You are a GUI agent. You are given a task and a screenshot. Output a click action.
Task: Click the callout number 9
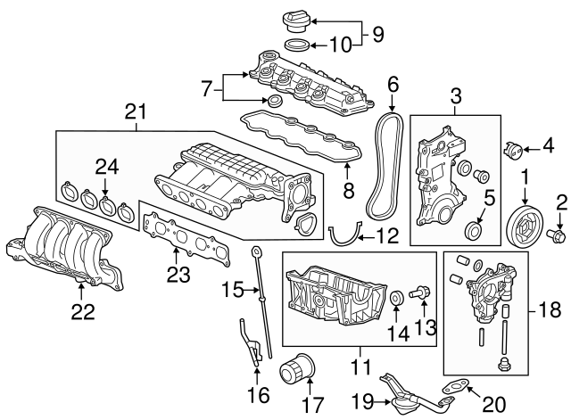(x=377, y=36)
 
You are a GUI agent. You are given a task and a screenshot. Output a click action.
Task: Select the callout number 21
(x=134, y=111)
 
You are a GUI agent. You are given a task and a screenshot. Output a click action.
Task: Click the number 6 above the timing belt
(x=392, y=86)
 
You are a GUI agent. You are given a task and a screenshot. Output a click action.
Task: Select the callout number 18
(x=552, y=312)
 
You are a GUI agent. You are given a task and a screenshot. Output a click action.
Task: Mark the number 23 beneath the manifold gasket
(x=177, y=272)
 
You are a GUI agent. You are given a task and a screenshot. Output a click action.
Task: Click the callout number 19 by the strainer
(x=362, y=399)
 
